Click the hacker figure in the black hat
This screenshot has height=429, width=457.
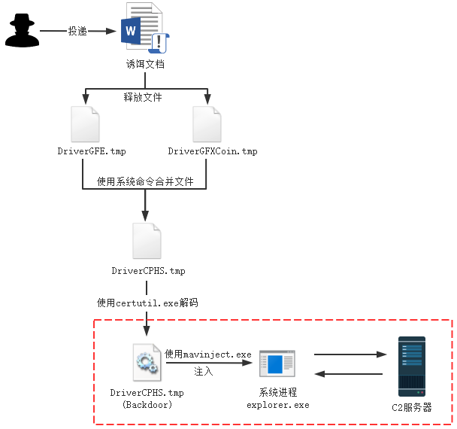point(20,32)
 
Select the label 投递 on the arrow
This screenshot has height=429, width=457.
point(77,32)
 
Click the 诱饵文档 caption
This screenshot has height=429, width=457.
point(144,65)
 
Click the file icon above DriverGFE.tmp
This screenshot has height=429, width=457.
point(84,125)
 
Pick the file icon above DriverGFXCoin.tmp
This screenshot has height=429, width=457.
point(206,125)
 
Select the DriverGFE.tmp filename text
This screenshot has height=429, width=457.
point(92,151)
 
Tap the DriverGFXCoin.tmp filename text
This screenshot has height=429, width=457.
point(213,151)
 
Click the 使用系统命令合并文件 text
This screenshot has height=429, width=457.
point(145,181)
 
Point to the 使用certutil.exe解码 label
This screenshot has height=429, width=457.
point(147,303)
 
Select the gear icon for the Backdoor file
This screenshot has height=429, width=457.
point(145,363)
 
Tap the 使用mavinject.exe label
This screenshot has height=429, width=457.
point(208,354)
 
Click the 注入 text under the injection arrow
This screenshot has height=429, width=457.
point(204,371)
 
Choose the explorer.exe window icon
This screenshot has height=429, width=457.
point(277,365)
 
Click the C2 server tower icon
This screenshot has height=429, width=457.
point(411,366)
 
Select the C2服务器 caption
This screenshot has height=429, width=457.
point(412,407)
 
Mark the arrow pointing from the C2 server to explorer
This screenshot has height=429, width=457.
point(348,374)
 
